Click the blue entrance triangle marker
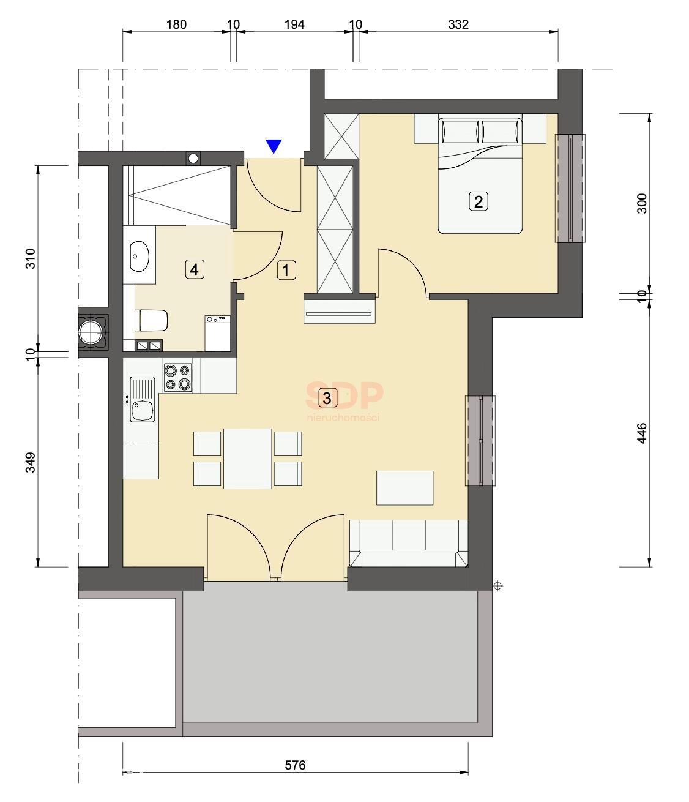pos(274,146)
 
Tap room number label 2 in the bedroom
pos(479,202)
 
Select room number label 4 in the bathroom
pos(194,269)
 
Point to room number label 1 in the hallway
pos(286,270)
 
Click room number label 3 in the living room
pos(327,399)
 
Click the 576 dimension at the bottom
pos(295,765)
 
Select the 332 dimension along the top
pos(458,24)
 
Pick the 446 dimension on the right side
pos(642,433)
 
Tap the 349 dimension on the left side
pos(30,462)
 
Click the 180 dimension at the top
pos(176,24)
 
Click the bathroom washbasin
pos(139,257)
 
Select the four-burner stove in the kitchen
pos(178,378)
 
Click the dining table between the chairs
pos(247,459)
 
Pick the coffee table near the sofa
pos(405,488)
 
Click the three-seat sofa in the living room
pos(409,544)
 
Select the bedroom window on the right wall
pos(570,188)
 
